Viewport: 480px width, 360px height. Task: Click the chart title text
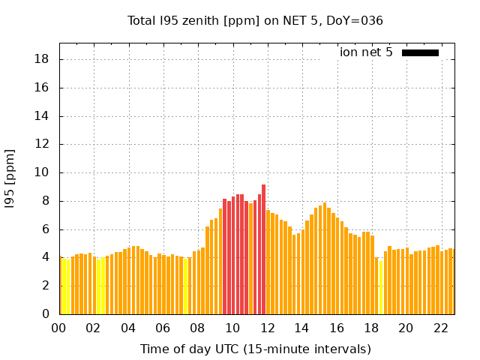tap(256, 21)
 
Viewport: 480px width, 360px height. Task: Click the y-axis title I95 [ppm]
tap(10, 178)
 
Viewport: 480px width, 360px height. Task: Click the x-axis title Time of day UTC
tap(256, 349)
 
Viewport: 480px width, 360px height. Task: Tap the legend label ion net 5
tap(366, 52)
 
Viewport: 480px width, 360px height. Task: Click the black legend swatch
tap(420, 52)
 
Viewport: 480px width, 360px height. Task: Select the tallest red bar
tap(263, 249)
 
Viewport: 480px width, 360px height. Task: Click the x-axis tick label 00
tap(58, 328)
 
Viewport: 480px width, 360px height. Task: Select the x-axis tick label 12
tap(267, 328)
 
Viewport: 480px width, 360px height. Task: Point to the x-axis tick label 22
tap(440, 328)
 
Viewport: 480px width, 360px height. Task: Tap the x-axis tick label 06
tap(163, 328)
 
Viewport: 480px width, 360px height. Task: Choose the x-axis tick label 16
tap(336, 328)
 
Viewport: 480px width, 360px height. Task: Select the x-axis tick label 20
tap(406, 328)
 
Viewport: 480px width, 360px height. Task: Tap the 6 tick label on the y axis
tap(46, 229)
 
